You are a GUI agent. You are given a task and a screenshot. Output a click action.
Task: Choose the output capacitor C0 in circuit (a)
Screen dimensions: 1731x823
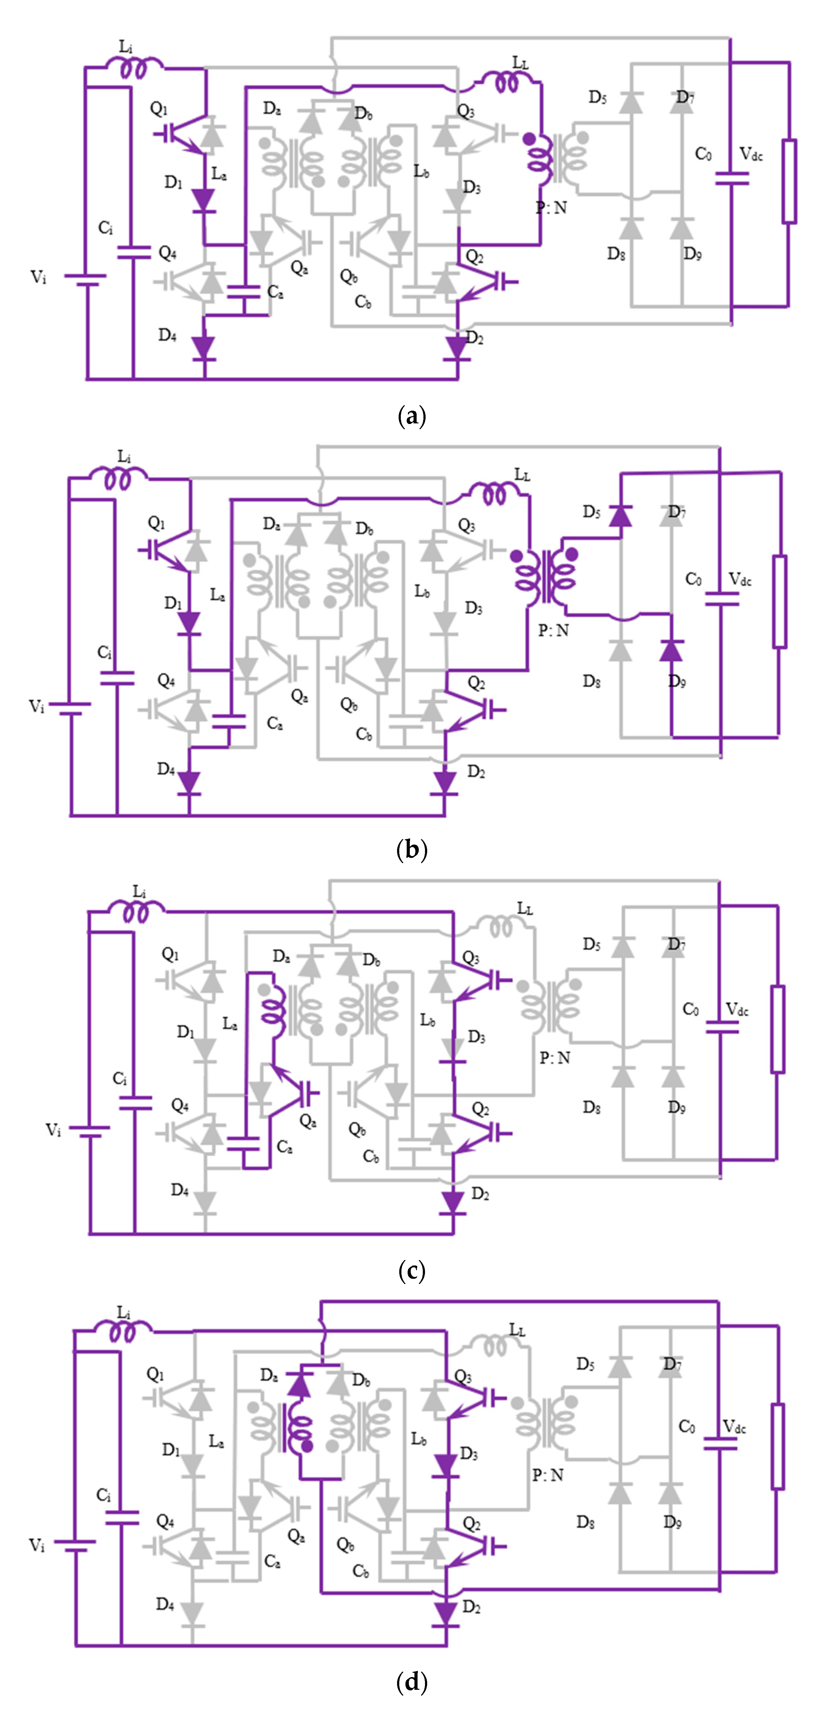point(731,179)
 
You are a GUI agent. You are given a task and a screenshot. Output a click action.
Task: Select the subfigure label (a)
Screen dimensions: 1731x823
point(411,417)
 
